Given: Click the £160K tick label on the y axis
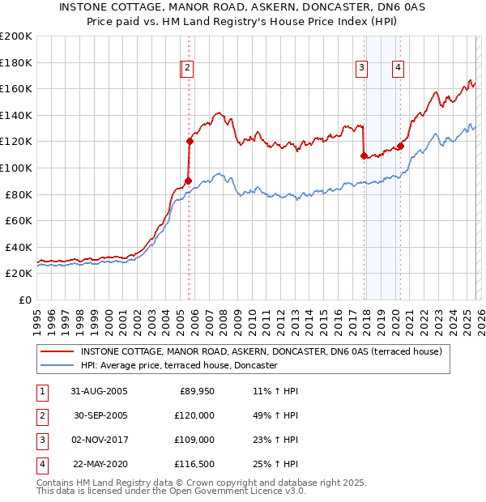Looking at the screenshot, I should tap(16, 88).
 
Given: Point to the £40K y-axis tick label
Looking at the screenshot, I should tap(19, 247).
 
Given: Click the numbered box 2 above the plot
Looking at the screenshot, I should tap(187, 69).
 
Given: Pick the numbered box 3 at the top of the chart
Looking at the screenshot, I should tap(361, 69).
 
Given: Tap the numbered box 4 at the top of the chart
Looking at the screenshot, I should tap(399, 69).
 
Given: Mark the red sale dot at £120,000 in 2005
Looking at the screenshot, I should tap(190, 141).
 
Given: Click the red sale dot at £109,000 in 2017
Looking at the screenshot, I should tap(364, 155).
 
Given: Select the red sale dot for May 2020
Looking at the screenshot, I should tap(400, 146).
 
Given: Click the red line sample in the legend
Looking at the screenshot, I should tap(56, 351).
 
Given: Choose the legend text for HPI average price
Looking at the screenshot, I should tap(179, 366).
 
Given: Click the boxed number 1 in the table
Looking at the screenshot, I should tap(41, 391).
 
